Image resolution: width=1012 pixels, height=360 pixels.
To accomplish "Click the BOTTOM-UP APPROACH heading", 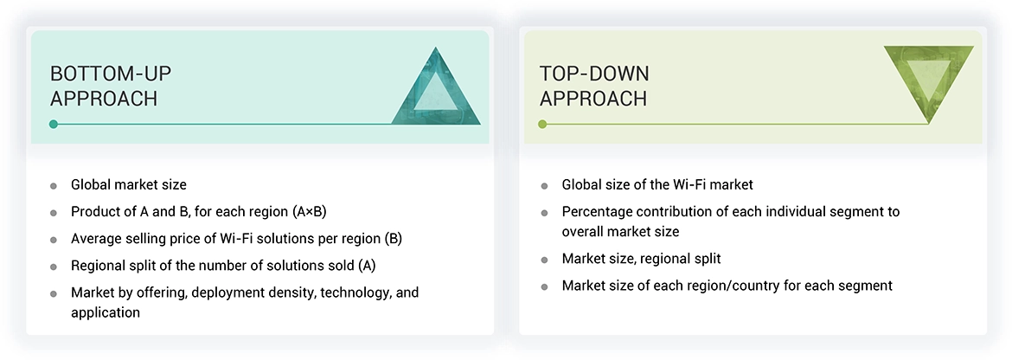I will coord(104,86).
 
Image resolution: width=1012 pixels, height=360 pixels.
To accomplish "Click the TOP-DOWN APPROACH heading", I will coord(594,86).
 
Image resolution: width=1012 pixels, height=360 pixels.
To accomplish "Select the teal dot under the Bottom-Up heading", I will coord(54,125).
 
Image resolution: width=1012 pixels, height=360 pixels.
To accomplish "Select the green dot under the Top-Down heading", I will coord(542,125).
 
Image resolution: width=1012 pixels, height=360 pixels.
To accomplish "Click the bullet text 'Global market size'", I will coord(129,184).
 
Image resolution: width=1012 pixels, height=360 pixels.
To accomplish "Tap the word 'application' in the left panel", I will coord(105,312).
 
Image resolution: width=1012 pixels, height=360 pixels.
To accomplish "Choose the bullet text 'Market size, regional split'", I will coord(641,259).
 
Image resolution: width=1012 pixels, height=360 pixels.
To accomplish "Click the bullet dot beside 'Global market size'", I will coord(54,185).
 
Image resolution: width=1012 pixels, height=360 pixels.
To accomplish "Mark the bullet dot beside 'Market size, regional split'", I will coord(544,260).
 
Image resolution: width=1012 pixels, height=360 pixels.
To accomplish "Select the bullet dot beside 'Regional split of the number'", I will coord(54,266).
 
